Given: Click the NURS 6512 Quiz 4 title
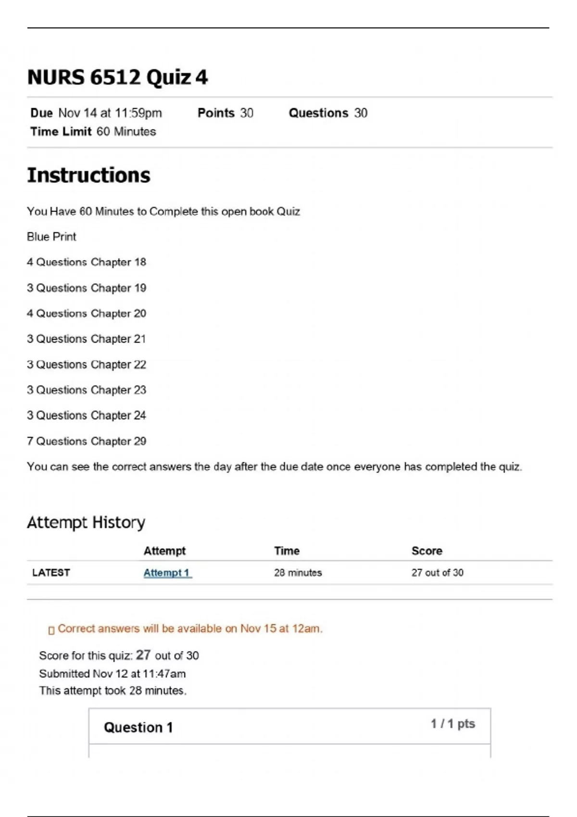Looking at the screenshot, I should pyautogui.click(x=117, y=77).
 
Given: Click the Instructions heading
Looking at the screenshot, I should pyautogui.click(x=88, y=175).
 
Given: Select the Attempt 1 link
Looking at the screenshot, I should pyautogui.click(x=167, y=573).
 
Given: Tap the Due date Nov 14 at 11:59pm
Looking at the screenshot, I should pyautogui.click(x=110, y=113).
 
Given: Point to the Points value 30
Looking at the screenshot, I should pyautogui.click(x=246, y=113).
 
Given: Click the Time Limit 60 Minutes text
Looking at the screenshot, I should pyautogui.click(x=93, y=132).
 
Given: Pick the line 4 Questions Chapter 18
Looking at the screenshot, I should pyautogui.click(x=87, y=262).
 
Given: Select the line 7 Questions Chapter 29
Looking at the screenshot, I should pyautogui.click(x=87, y=441).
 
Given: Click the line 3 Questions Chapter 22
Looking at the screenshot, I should pyautogui.click(x=87, y=365).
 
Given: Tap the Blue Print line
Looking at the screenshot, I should pyautogui.click(x=51, y=237).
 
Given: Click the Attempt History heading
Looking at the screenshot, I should pyautogui.click(x=86, y=522).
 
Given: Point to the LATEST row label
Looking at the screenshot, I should pyautogui.click(x=51, y=573).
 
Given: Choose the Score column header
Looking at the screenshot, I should pyautogui.click(x=426, y=551).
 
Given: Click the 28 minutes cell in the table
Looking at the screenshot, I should pyautogui.click(x=298, y=573).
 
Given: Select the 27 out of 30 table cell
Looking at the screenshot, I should pyautogui.click(x=437, y=573).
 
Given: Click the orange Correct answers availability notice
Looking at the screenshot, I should pyautogui.click(x=189, y=629).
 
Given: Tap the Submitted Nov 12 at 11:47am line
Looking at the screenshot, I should pyautogui.click(x=113, y=674).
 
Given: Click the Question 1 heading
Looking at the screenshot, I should pyautogui.click(x=138, y=728).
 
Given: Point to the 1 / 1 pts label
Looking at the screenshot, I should pyautogui.click(x=452, y=724).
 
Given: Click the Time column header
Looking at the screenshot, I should pyautogui.click(x=287, y=551).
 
